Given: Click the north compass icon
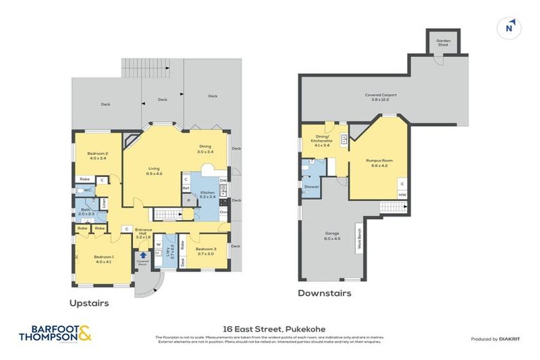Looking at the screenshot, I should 510,28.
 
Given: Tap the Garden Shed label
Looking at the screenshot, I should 443,42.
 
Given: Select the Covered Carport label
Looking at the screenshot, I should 377,98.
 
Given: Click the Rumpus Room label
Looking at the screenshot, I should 379,162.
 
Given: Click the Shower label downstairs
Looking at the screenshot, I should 311,186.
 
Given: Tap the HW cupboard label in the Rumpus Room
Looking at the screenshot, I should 402,194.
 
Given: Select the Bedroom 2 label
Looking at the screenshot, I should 97,155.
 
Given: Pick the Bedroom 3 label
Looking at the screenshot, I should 206,250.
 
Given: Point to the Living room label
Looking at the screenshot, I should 154,170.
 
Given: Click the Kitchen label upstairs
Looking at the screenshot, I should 207,194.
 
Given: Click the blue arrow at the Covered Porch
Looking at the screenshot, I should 143,255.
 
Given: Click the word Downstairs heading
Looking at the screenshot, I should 324,293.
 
